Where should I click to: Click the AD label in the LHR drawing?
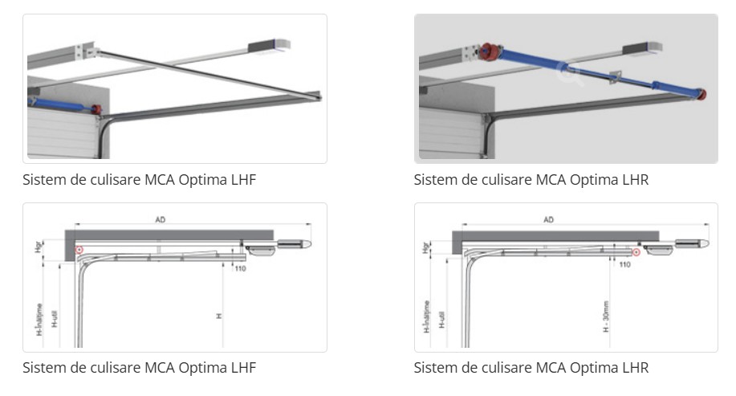549,218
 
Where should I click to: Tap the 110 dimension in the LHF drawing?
240,267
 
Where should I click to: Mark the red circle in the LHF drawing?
79,251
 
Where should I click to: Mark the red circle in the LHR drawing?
635,253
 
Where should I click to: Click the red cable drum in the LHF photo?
96,108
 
